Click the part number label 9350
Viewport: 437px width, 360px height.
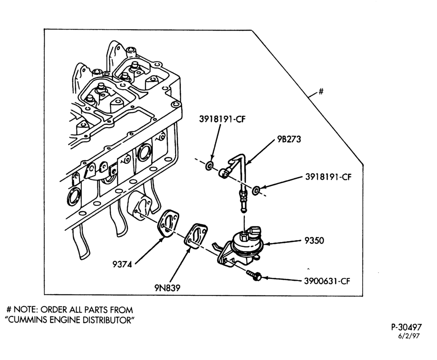314,240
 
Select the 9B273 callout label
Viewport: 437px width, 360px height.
289,139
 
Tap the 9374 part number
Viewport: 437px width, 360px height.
122,264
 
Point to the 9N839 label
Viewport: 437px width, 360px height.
167,288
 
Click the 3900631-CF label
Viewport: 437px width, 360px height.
326,281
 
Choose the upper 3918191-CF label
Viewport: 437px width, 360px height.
222,119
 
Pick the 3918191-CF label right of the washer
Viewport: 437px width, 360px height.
328,177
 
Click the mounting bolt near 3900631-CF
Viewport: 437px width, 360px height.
253,275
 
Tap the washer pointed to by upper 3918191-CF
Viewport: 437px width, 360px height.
210,166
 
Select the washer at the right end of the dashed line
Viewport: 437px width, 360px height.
256,191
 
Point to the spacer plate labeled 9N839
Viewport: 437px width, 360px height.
196,235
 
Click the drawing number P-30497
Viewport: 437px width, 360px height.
406,327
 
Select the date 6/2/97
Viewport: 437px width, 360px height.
409,336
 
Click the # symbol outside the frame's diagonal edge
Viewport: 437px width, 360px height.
321,91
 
